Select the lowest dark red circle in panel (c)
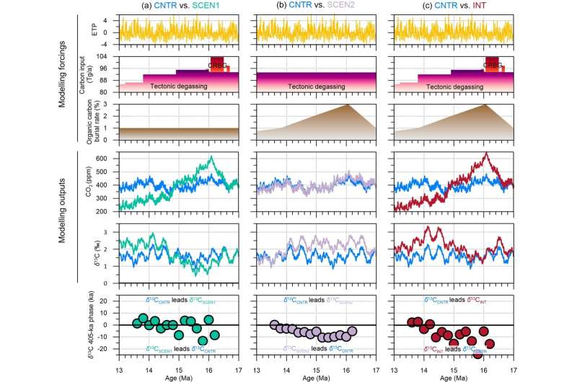pyautogui.click(x=478, y=353)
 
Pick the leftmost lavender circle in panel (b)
pyautogui.click(x=274, y=324)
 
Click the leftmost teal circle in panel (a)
pyautogui.click(x=137, y=323)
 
